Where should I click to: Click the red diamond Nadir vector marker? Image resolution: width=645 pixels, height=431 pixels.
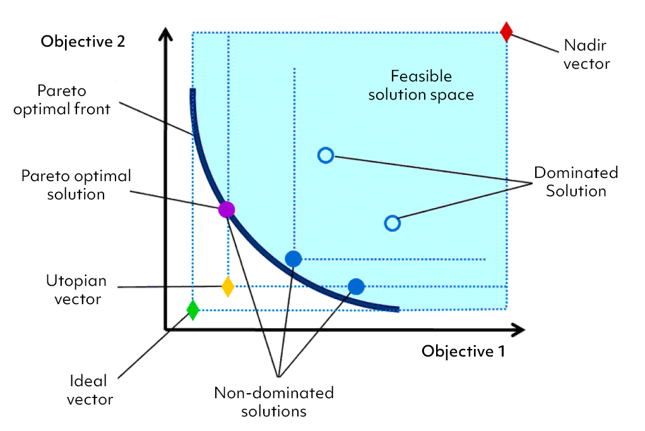pos(506,32)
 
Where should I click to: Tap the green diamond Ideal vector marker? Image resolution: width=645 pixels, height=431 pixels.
pos(193,310)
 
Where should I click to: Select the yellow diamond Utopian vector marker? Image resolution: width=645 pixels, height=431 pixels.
pos(228,286)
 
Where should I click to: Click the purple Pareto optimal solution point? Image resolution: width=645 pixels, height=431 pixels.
pos(226,210)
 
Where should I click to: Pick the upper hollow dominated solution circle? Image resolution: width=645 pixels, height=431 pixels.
pos(325,155)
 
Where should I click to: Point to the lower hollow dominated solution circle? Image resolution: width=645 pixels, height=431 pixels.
pos(392,223)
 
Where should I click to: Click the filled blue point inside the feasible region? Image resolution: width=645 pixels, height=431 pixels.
pos(293,258)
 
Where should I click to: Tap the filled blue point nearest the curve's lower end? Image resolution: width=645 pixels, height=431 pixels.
pos(357,286)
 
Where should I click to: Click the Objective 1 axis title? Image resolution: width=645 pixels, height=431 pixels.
pos(463,351)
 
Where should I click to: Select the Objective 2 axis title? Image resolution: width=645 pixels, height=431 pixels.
pos(83,42)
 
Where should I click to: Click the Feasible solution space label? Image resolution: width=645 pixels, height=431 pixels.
pos(421,86)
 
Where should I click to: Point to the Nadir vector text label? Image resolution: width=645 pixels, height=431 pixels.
pos(586,55)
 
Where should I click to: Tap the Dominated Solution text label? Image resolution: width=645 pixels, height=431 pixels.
pos(576,182)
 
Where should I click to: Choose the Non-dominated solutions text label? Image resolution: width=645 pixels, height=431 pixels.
pos(274,402)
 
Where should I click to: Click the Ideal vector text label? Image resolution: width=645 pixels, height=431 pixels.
pos(92,390)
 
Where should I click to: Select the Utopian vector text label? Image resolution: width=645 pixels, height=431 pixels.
pos(77,290)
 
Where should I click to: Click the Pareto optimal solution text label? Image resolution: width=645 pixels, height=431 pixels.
pos(76,184)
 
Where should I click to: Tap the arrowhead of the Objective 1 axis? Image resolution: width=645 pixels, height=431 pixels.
pos(519,329)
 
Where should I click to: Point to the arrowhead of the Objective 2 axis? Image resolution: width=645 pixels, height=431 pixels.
pos(165,34)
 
